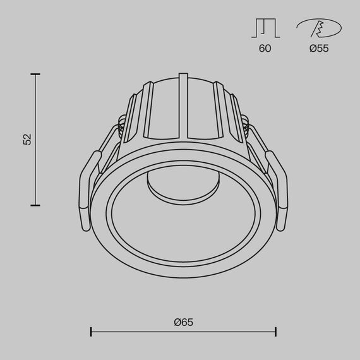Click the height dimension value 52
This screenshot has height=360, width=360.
point(27,140)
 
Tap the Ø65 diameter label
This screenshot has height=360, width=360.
point(183,321)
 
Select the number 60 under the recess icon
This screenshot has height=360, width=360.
point(265,49)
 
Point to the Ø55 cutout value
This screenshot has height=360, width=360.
point(319,49)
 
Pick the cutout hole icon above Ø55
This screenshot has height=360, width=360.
point(319,28)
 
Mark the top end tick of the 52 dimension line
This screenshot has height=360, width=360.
point(35,75)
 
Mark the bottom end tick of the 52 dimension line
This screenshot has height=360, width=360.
point(35,205)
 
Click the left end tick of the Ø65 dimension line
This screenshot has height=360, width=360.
point(92,331)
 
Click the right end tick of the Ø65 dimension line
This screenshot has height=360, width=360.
point(275,331)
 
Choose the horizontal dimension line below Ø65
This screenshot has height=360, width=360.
point(183,331)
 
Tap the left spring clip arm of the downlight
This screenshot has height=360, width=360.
point(87,186)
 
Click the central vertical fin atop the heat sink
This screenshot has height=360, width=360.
point(183,104)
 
